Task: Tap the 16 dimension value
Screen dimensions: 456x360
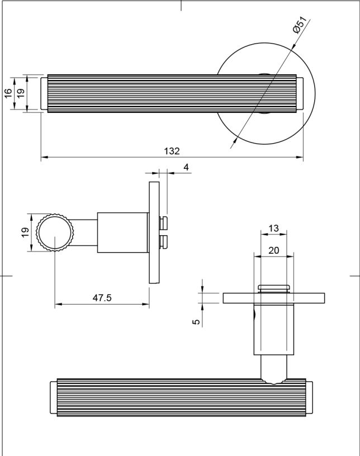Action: (x=8, y=93)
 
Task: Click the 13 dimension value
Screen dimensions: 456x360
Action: (x=274, y=229)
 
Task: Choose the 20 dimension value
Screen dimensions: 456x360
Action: (x=274, y=250)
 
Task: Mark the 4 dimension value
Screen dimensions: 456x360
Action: (x=186, y=167)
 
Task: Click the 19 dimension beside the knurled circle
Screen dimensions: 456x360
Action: (x=24, y=233)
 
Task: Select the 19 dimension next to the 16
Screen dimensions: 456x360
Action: (x=20, y=93)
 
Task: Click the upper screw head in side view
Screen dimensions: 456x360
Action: (x=164, y=224)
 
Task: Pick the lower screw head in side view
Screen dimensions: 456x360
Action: (x=164, y=242)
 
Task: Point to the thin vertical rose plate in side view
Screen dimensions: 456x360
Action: (x=154, y=232)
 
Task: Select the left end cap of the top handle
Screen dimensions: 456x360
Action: (x=44, y=93)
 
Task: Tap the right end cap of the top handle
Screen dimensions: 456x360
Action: (x=300, y=93)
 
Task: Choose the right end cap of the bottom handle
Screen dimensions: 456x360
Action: (x=310, y=398)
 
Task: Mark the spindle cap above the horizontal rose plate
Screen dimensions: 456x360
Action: (x=274, y=288)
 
